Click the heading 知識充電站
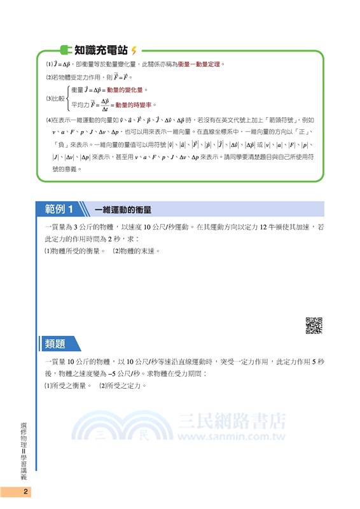[x=101, y=50]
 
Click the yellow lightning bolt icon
[x=134, y=50]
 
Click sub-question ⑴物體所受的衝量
[x=74, y=251]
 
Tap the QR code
[x=314, y=325]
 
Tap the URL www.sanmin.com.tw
[x=231, y=437]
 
